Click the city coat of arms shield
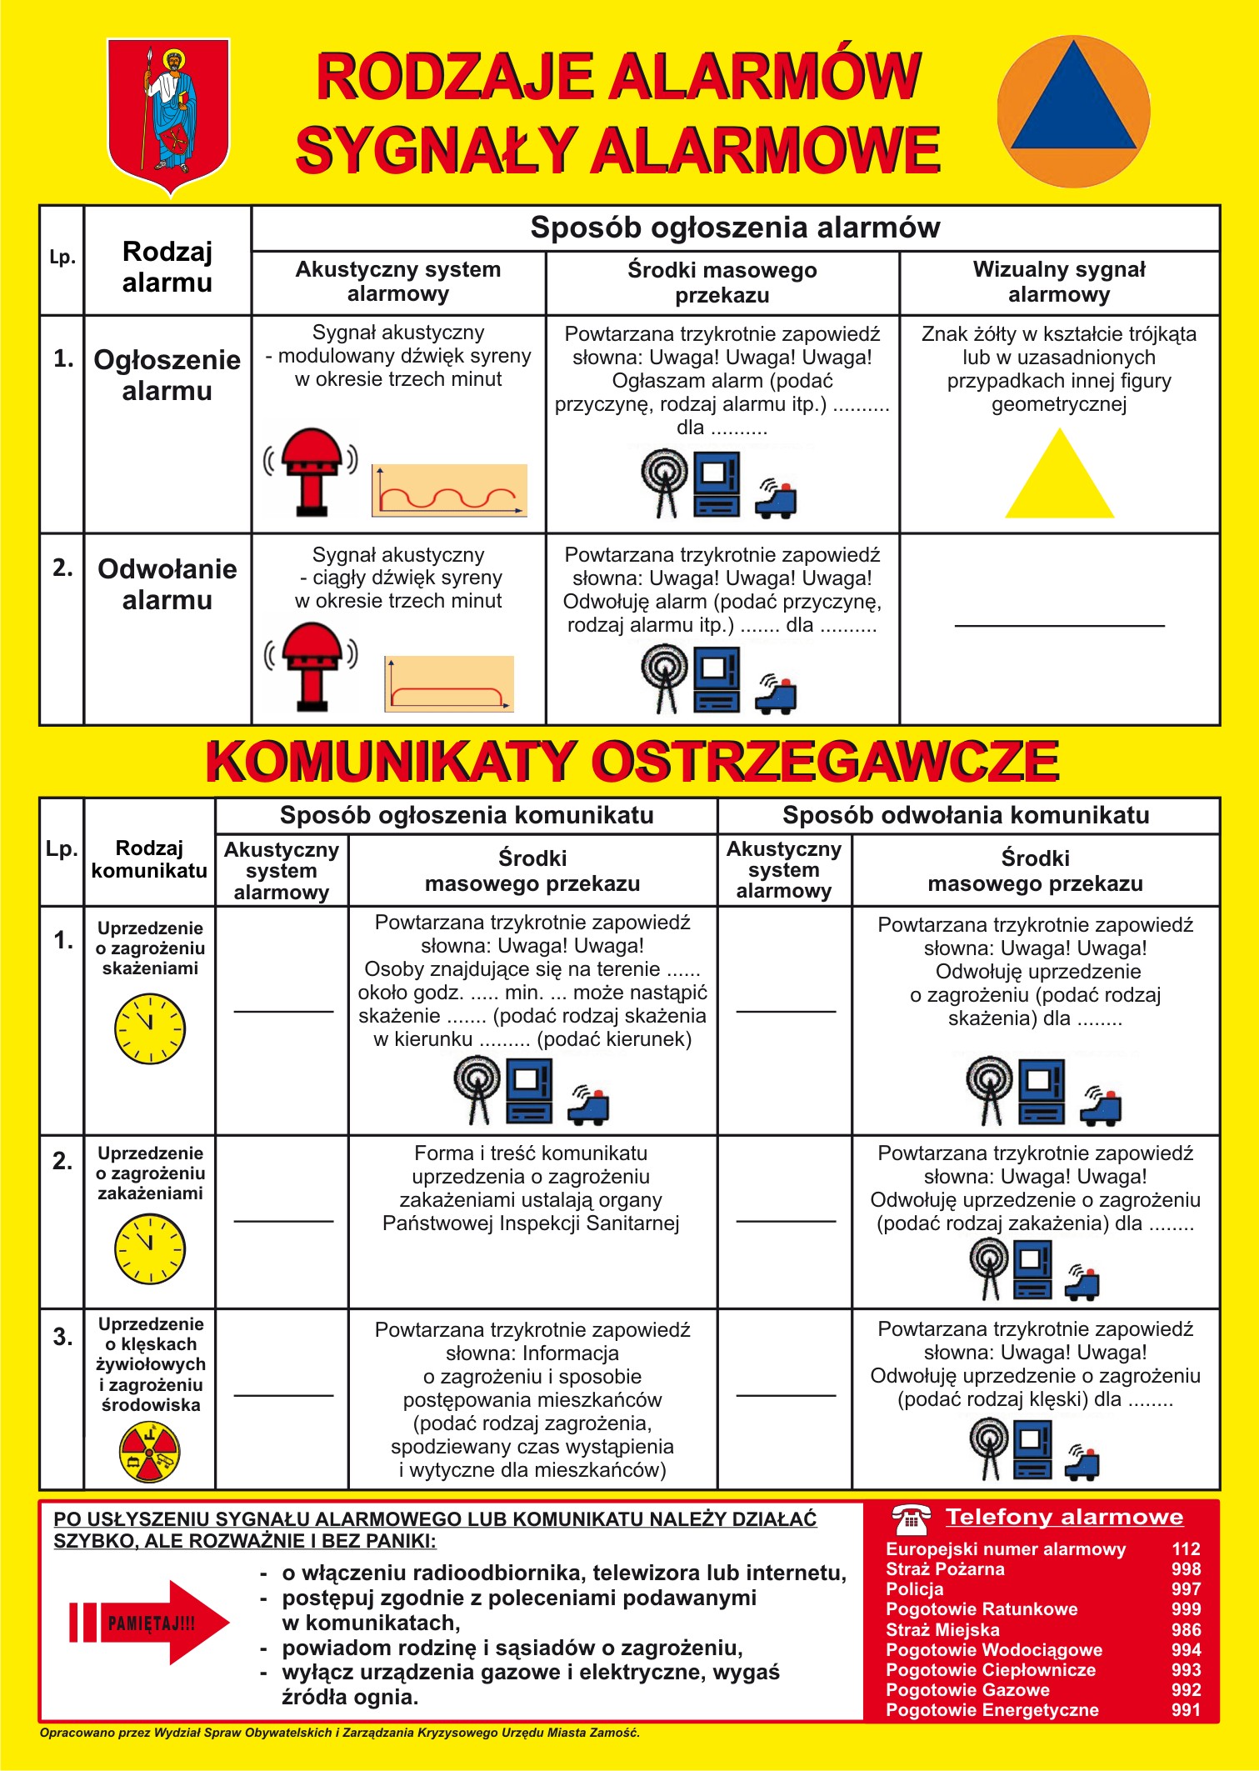tap(168, 112)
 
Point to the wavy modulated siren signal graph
tap(449, 490)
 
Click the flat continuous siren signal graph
tap(449, 684)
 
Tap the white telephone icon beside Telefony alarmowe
tap(911, 1518)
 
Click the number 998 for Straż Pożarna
tap(1186, 1569)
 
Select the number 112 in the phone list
tap(1186, 1548)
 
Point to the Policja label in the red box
tap(915, 1589)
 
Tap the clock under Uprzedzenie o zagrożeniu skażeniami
tap(150, 1028)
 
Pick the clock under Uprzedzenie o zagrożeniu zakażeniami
tap(150, 1248)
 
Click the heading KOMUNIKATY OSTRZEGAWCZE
tap(632, 761)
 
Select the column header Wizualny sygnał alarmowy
tap(1059, 282)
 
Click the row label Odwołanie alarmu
tap(167, 584)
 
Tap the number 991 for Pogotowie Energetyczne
tap(1186, 1710)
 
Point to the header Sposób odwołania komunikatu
tap(966, 815)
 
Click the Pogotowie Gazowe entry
tap(967, 1690)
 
